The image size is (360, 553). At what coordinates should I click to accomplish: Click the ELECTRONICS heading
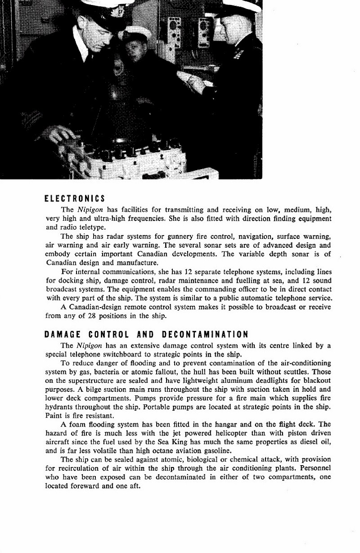tap(75, 198)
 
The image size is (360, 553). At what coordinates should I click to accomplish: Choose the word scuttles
tap(298, 372)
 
